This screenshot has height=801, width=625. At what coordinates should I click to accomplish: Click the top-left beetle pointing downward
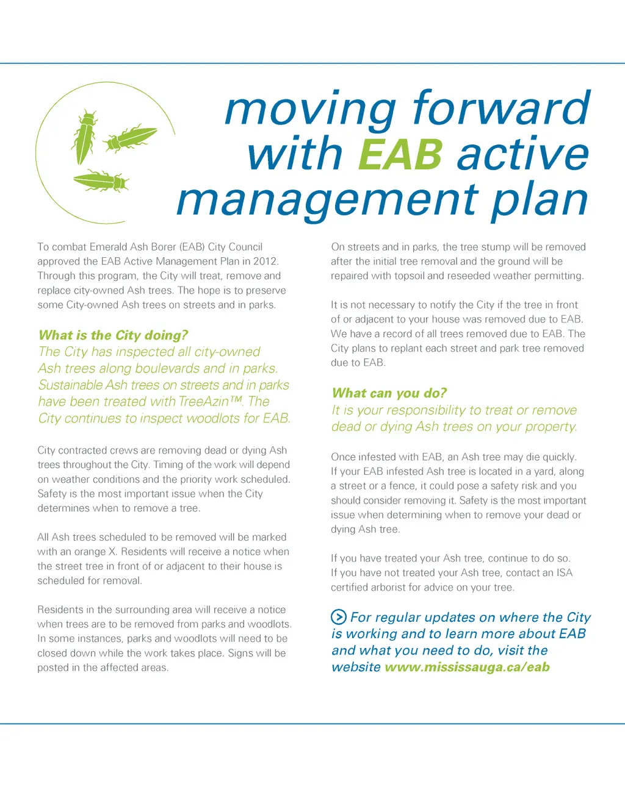pos(84,137)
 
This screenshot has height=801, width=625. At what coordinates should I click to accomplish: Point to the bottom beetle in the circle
pos(101,180)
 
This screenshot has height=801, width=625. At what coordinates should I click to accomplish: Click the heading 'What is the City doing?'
pos(113,335)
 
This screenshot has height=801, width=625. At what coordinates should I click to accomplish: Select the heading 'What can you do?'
pos(389,393)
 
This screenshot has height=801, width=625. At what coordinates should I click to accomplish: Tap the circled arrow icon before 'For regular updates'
pos(339,617)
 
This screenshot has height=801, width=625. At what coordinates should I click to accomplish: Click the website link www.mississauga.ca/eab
pos(467,667)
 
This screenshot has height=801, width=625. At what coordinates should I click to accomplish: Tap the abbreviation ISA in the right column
pos(564,573)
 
